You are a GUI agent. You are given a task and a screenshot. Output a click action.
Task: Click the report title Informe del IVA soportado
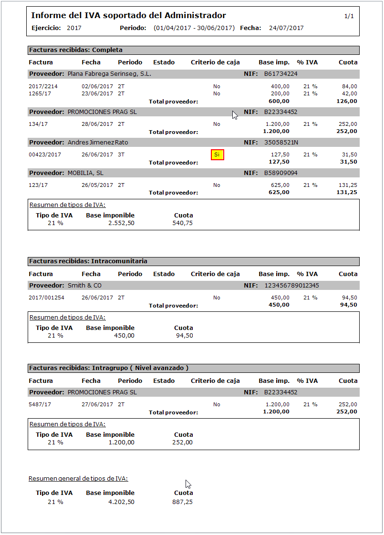[128, 16]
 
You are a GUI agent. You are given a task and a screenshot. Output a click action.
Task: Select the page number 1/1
[349, 16]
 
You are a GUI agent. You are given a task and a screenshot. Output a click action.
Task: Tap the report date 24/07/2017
[286, 28]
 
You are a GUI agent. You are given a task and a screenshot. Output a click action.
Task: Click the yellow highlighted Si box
[217, 154]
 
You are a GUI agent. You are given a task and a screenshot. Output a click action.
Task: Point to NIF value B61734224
[281, 74]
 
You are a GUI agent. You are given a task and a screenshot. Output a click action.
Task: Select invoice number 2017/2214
[43, 86]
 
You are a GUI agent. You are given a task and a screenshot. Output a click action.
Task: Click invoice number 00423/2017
[45, 154]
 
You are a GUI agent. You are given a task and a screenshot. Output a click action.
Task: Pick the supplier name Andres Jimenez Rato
[98, 143]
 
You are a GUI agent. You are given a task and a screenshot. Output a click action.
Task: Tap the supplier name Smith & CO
[84, 286]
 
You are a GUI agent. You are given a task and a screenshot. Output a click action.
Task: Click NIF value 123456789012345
[291, 286]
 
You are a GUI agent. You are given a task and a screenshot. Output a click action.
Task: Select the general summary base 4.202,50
[121, 502]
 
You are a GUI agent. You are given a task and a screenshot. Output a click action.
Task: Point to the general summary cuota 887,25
[183, 502]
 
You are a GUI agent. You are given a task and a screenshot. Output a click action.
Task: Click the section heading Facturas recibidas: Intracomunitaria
[88, 261]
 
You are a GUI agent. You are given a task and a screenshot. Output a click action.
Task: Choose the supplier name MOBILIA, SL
[85, 173]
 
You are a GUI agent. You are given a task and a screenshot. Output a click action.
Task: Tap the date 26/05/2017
[97, 185]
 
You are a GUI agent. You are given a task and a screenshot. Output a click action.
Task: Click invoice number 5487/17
[40, 404]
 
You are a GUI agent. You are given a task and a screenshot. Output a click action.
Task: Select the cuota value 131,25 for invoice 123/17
[347, 185]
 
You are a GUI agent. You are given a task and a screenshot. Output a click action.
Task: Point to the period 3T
[121, 154]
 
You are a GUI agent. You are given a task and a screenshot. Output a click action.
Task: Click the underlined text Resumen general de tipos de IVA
[78, 479]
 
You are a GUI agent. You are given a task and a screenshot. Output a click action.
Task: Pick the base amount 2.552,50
[121, 223]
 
